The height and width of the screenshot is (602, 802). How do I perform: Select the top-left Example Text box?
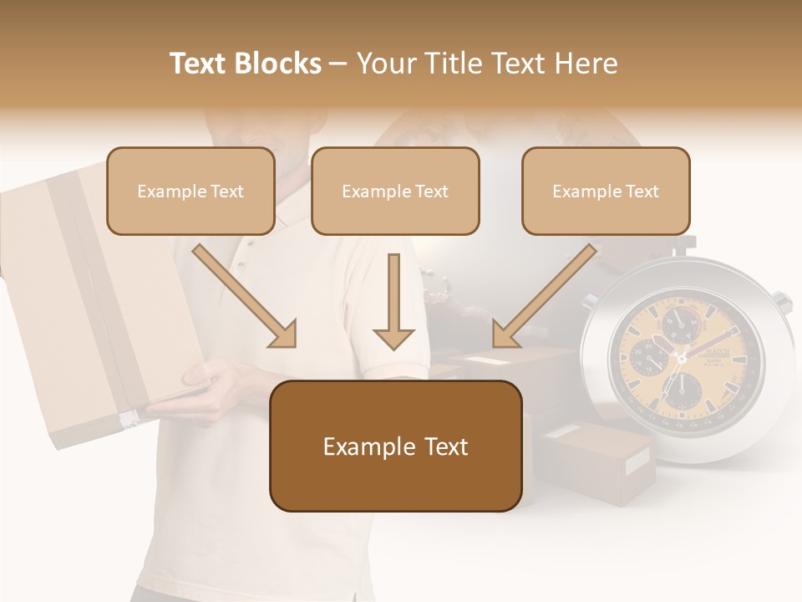pyautogui.click(x=190, y=191)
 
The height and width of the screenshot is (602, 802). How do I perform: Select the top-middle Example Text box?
pyautogui.click(x=395, y=191)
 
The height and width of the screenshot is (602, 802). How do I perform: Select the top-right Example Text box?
pyautogui.click(x=606, y=191)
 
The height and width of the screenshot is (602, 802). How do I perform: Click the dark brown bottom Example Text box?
pyautogui.click(x=395, y=446)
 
